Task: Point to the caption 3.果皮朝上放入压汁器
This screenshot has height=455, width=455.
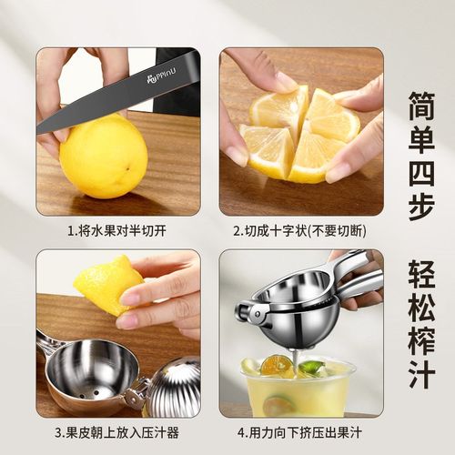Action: tap(118, 431)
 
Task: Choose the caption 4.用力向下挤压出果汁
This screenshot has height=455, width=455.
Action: tap(300, 431)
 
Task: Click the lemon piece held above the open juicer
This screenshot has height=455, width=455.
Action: tap(106, 284)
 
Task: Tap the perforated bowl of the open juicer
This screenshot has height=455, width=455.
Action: tap(87, 369)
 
